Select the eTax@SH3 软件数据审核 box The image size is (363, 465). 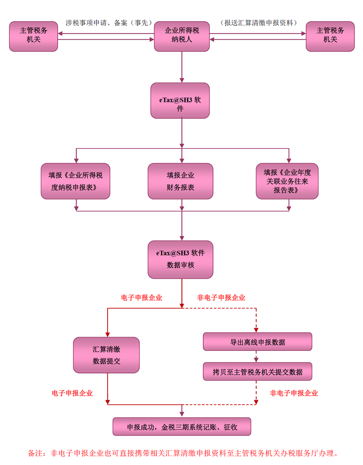point(181,259)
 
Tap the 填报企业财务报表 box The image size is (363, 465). point(181,181)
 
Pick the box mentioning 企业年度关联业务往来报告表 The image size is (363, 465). point(287,181)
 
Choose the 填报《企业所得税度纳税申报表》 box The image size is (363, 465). point(75,181)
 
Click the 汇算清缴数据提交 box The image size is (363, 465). point(107,355)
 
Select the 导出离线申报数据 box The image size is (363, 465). point(257,342)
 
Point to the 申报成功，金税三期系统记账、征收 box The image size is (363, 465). point(181,426)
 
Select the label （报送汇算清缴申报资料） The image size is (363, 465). point(258,23)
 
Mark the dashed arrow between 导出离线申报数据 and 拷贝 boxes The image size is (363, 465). point(257,356)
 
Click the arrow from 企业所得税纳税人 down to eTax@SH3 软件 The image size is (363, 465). point(181,66)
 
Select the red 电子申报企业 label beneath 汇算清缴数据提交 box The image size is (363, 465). point(73,393)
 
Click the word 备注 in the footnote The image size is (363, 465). point(35,453)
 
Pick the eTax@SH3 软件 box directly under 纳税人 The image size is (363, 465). point(180,100)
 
